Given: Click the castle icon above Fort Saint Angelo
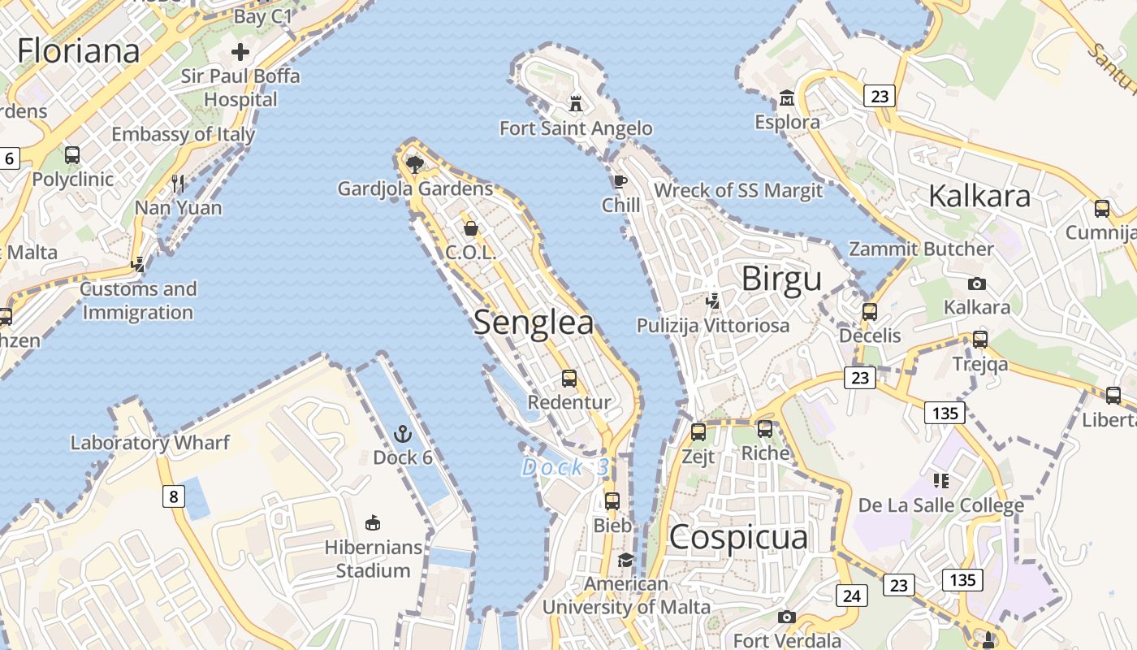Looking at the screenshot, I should [576, 103].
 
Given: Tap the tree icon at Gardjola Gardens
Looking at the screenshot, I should [415, 165].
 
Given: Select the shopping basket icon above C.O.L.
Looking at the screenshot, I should [470, 228].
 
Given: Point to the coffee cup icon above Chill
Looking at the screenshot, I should [620, 181].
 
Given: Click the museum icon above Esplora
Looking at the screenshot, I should [786, 98].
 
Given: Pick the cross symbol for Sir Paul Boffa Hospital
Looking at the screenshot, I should [240, 53].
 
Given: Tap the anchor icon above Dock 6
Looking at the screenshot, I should [402, 433].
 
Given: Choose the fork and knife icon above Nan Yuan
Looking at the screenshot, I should [178, 183].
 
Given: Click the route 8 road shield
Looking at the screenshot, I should [173, 496].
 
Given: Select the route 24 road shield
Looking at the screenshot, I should [851, 596].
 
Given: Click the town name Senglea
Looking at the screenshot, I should [534, 323].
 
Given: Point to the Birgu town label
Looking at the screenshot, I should [781, 279].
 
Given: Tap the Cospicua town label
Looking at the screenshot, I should [738, 537].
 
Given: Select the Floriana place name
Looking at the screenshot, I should [79, 50].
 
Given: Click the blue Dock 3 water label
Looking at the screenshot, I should [565, 467].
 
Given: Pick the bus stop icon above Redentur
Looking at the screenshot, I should [569, 378].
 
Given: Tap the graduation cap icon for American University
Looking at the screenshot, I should [625, 560].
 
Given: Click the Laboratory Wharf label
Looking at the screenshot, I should [150, 443].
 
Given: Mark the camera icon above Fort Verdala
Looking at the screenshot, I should [786, 617].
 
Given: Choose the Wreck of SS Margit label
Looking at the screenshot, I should [738, 190].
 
